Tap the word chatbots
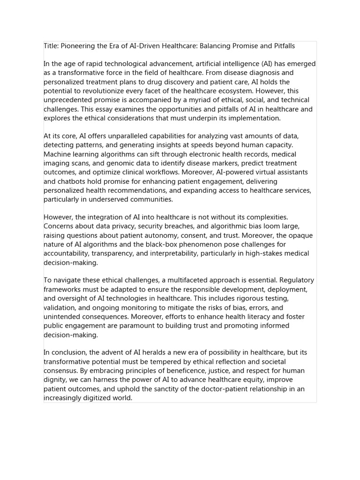73,181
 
